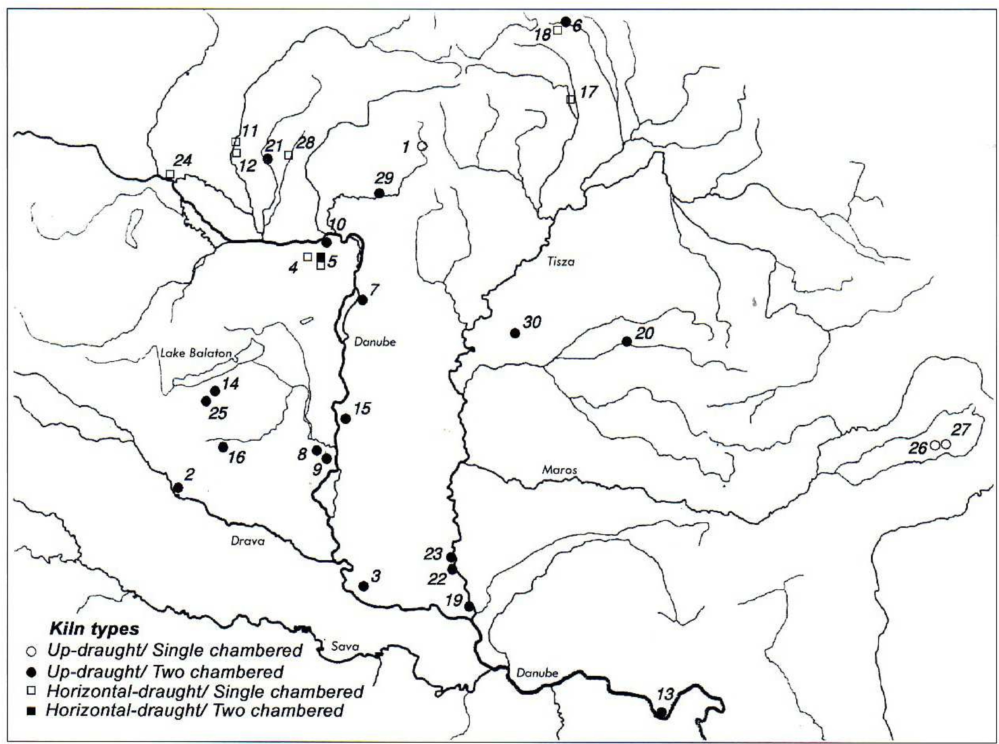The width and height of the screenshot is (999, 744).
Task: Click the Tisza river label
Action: (x=561, y=261)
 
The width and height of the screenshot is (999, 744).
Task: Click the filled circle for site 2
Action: (x=178, y=487)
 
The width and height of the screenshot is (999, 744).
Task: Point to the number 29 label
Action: (x=384, y=178)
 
